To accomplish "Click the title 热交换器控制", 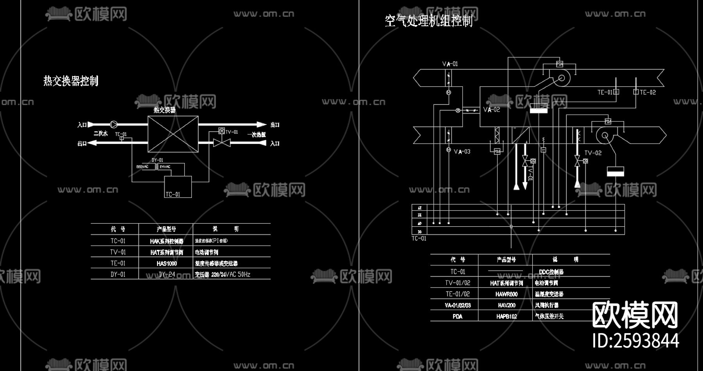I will (71, 81).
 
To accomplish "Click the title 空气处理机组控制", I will (428, 20).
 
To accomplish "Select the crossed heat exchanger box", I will (173, 134).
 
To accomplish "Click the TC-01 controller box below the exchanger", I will (178, 187).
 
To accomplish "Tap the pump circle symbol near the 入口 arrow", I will (114, 124).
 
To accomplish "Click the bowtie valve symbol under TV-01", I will (221, 143).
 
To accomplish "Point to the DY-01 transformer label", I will (157, 160).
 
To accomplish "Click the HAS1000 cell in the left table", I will (166, 263).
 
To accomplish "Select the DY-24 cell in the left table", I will (167, 274).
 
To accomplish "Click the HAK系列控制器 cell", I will (166, 241).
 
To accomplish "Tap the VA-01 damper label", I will (450, 64).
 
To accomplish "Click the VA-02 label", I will (491, 110).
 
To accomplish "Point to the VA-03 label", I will (462, 152).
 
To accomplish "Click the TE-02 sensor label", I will (648, 92).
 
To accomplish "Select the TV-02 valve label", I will (592, 153).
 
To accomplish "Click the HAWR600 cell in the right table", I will (506, 294).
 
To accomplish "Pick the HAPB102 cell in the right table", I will (506, 316).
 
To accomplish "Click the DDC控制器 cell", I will (551, 272).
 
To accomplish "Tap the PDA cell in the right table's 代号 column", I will (457, 316).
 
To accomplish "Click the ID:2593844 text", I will (635, 341).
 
